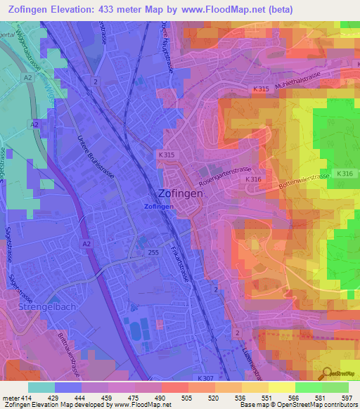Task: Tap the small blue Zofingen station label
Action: tap(159, 207)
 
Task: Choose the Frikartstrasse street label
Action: tap(181, 260)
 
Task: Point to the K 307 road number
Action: tap(206, 378)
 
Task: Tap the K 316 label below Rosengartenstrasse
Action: tap(252, 180)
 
